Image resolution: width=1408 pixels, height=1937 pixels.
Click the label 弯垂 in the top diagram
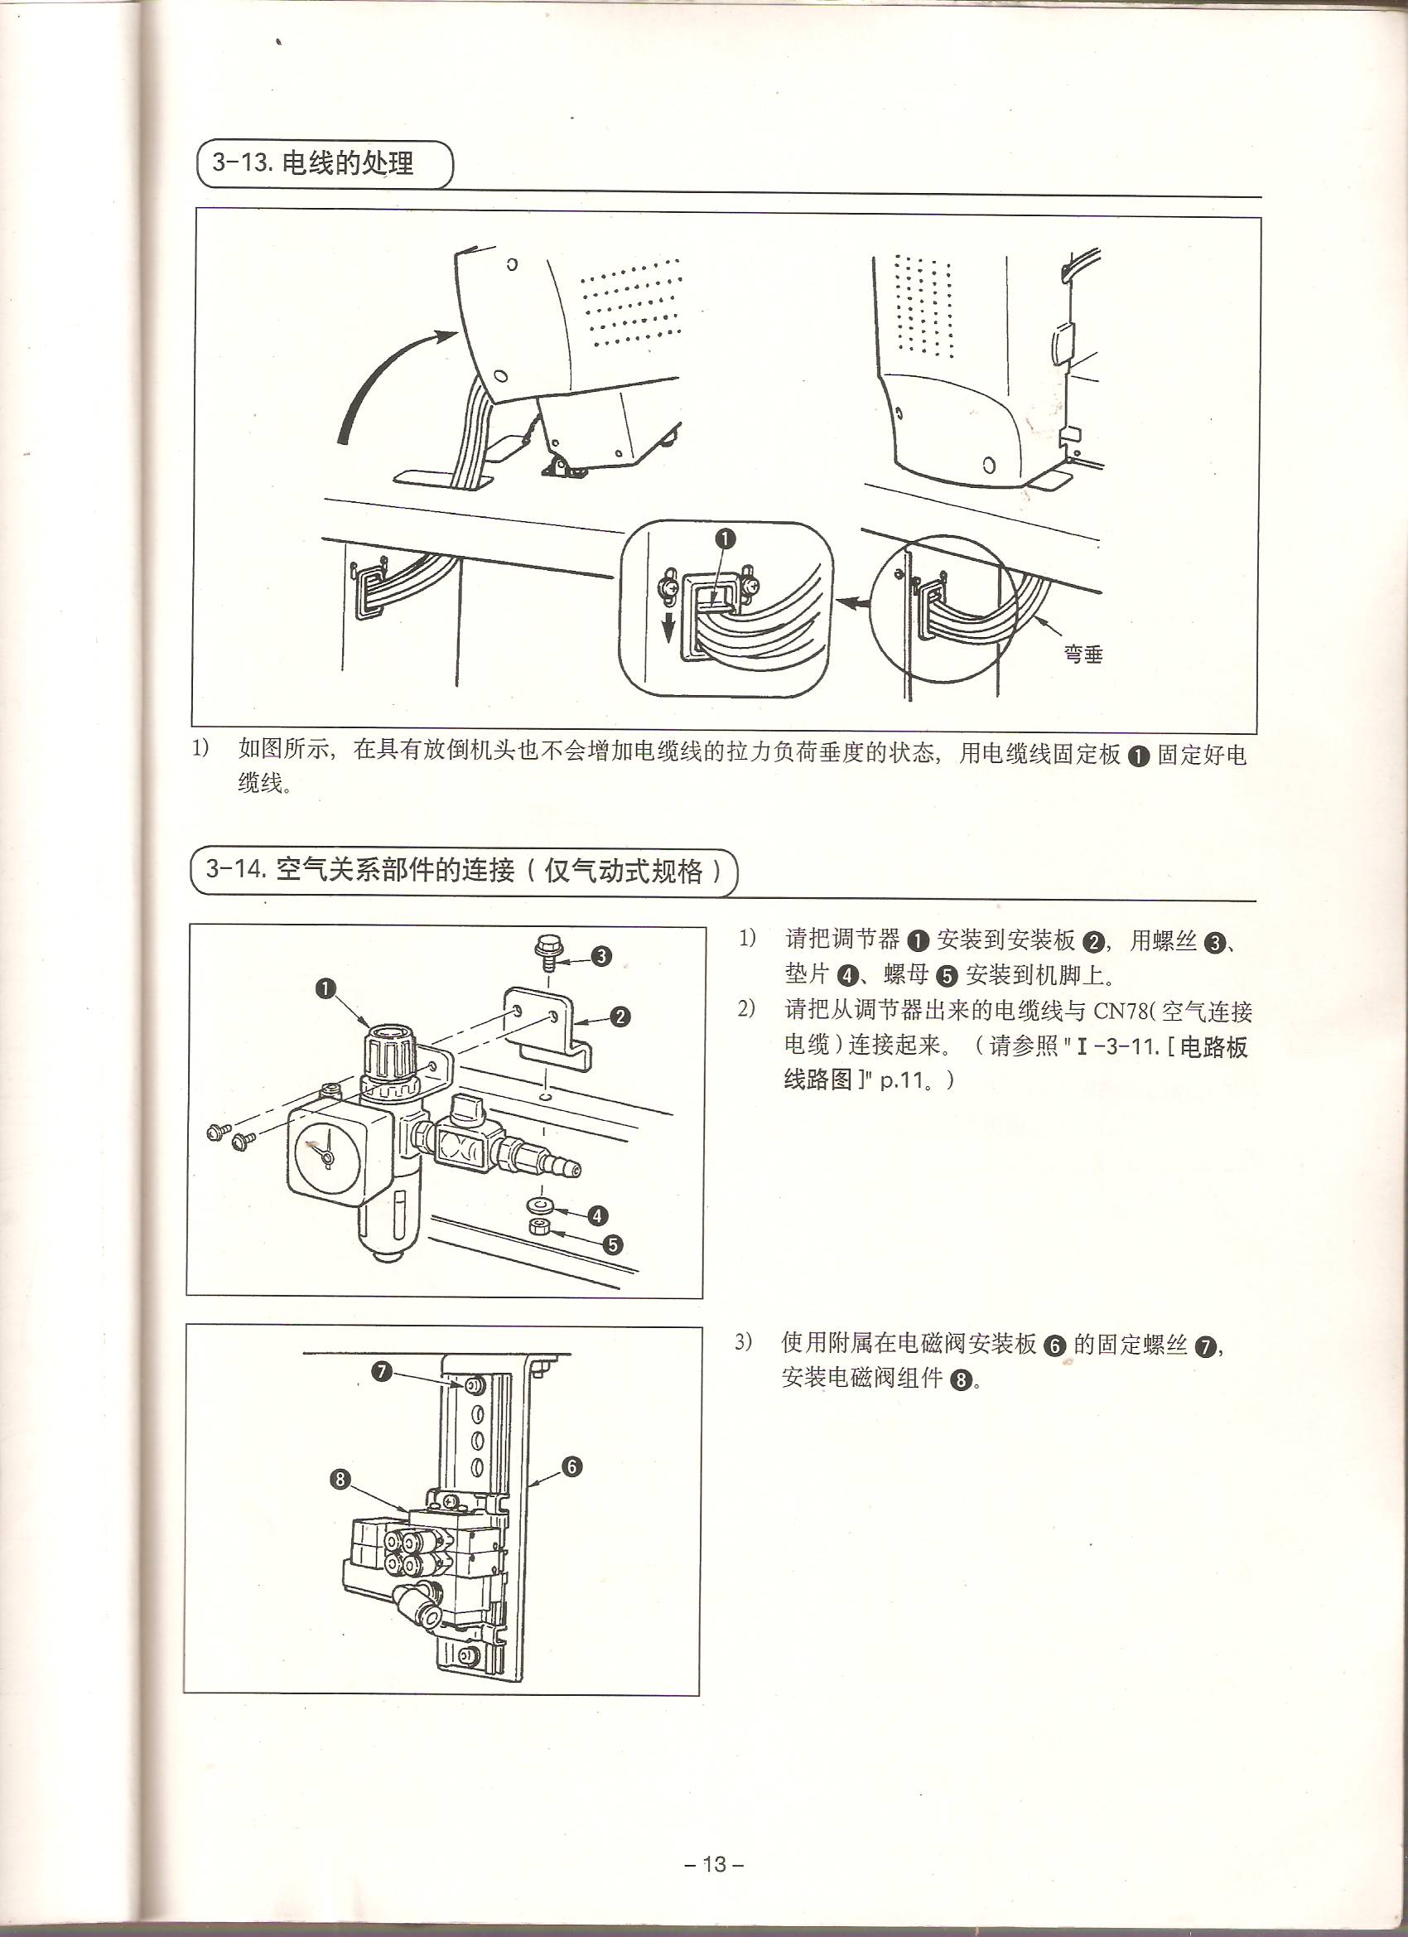tap(1083, 655)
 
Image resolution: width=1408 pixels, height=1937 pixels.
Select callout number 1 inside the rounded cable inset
tap(725, 539)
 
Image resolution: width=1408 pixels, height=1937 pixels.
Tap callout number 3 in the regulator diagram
tap(601, 956)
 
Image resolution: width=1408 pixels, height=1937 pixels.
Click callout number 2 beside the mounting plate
tap(620, 1017)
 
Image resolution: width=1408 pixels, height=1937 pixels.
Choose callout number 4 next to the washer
tap(597, 1215)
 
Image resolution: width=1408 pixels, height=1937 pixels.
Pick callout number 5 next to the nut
tap(612, 1244)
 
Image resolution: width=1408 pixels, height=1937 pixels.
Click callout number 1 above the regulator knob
tap(325, 989)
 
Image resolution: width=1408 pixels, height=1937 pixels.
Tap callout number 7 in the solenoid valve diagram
tap(381, 1372)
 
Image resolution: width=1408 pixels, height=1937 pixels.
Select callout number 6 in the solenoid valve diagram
tap(571, 1467)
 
